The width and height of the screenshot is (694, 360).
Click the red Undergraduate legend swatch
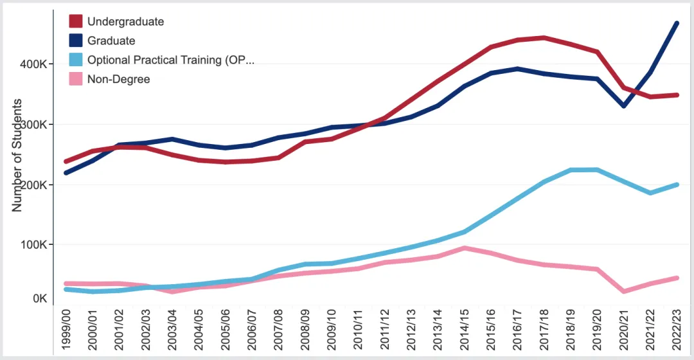76,21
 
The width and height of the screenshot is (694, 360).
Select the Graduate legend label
111,40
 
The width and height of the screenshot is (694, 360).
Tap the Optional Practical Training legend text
170,60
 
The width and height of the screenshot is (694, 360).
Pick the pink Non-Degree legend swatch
76,79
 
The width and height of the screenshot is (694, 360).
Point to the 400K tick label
32,64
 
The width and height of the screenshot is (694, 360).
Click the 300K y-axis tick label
32,125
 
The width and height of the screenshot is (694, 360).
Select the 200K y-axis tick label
32,185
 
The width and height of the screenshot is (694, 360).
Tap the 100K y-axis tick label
32,245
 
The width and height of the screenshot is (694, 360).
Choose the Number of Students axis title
17,155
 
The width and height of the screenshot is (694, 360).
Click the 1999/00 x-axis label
67,332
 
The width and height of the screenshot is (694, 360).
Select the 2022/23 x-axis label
676,332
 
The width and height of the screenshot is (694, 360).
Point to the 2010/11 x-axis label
358,332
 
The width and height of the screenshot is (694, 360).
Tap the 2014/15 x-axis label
464,332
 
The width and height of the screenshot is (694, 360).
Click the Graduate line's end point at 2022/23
676,23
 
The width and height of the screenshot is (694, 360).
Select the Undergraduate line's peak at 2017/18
544,38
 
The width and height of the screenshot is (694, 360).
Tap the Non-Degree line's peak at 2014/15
464,248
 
